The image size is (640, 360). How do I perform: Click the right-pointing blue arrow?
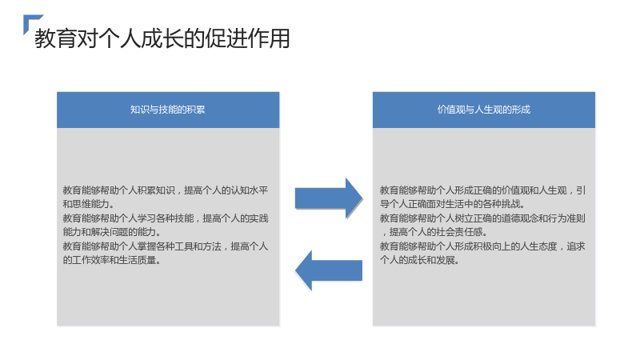[x=329, y=198]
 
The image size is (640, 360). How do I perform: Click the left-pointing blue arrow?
[x=329, y=270]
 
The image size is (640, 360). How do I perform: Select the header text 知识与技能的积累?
[x=168, y=110]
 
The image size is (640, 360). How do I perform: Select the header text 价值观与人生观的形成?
[x=484, y=110]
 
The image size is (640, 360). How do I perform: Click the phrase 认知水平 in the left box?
[x=250, y=190]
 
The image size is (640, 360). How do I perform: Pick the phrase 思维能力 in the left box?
[x=90, y=204]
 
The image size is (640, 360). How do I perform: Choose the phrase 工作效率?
[x=90, y=261]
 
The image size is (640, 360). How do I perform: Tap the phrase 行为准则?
[x=566, y=218]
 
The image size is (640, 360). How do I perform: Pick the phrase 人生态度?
[x=538, y=246]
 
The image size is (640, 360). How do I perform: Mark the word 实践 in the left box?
[x=258, y=218]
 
